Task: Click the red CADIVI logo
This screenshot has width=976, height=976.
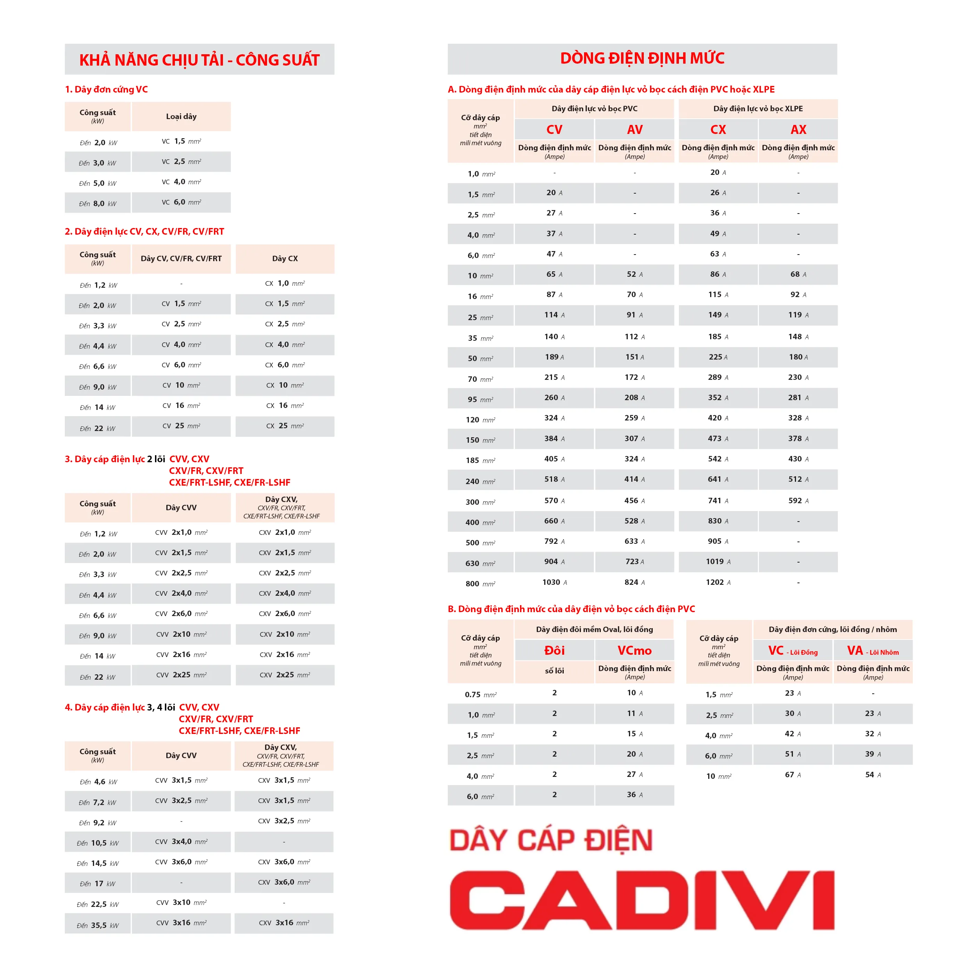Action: point(641,900)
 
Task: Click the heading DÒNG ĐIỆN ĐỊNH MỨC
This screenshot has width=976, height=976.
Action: point(642,59)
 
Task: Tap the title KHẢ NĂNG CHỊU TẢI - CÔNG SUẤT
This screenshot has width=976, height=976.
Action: point(199,60)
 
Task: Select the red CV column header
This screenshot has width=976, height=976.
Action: point(554,130)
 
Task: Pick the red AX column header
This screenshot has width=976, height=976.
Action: point(798,130)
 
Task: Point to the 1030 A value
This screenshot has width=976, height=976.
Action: point(554,582)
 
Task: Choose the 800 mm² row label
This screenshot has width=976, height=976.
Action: point(480,584)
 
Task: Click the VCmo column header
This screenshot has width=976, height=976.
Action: point(634,651)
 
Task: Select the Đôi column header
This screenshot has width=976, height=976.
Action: point(554,651)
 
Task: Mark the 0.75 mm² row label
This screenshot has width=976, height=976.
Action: point(480,695)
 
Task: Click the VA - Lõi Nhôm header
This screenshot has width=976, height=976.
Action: point(873,651)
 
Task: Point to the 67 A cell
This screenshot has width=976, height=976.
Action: point(793,775)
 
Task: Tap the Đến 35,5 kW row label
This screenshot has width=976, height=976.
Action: point(98,926)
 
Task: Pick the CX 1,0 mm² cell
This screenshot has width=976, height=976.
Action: point(285,283)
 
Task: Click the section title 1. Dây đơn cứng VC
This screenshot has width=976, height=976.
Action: point(106,89)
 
